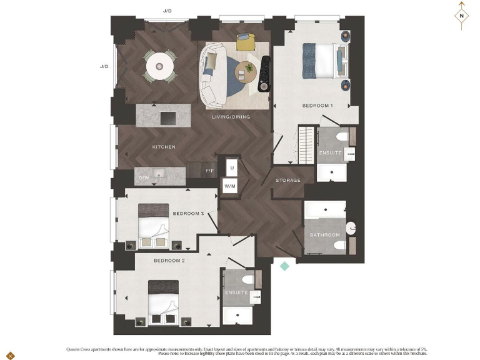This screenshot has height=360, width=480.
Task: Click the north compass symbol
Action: (x=461, y=17)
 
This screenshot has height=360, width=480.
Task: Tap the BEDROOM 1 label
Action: (x=317, y=106)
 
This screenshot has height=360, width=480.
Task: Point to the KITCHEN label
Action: (x=164, y=147)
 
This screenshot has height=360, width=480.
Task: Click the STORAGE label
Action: (x=288, y=181)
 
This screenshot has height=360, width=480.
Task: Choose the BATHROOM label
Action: (x=325, y=235)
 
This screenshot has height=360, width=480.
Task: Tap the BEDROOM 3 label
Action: (x=188, y=214)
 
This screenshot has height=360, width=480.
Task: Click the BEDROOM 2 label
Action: (x=169, y=261)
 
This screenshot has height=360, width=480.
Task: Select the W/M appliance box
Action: (x=230, y=186)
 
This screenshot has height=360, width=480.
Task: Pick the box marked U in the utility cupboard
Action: (x=231, y=168)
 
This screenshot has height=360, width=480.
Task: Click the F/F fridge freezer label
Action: (x=210, y=171)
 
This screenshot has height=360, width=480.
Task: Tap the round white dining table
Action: (x=161, y=64)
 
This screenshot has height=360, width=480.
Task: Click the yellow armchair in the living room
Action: (x=246, y=42)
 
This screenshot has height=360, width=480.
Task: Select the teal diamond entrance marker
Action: (x=284, y=266)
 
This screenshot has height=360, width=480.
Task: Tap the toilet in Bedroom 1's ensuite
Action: (x=341, y=136)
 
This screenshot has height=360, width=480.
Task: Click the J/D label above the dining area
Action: (x=167, y=11)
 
